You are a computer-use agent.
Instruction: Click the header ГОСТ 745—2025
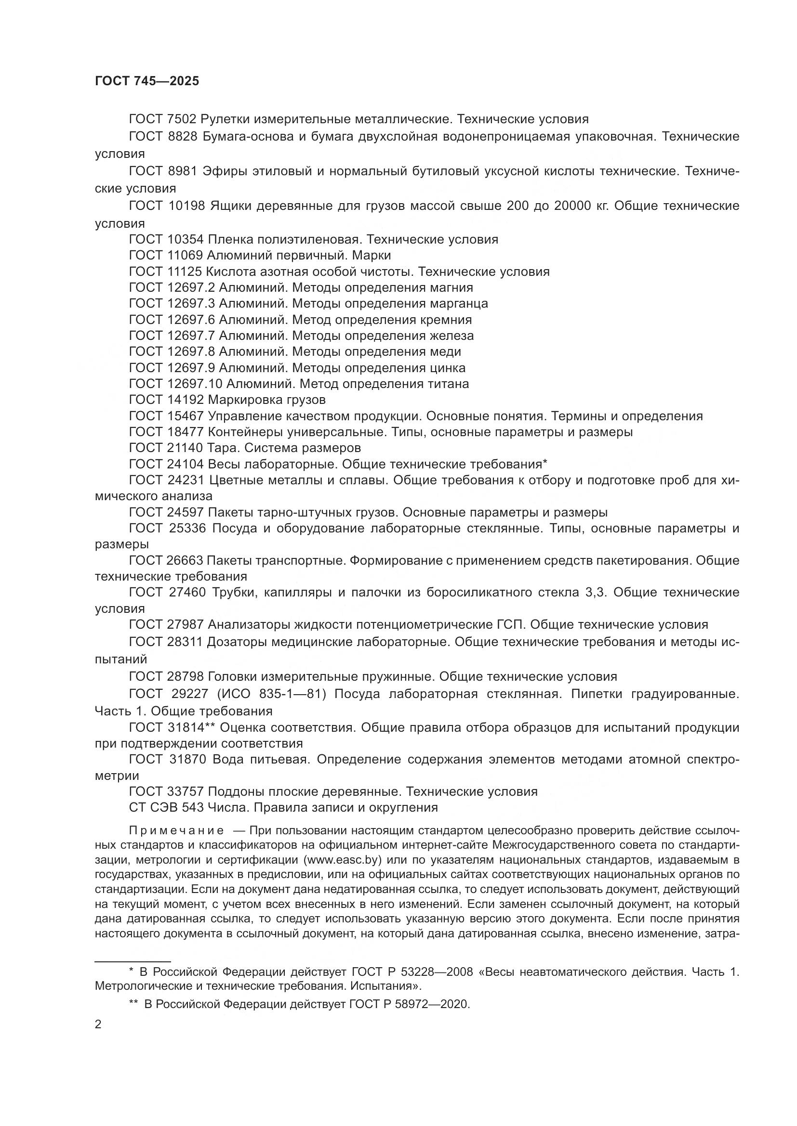[147, 81]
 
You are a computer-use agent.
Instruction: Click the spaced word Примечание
[176, 830]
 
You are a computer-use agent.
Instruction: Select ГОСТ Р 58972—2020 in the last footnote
[409, 1004]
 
